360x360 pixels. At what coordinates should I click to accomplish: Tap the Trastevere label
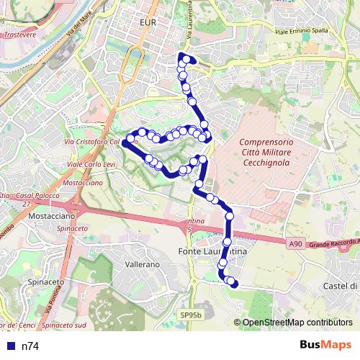(x=20, y=34)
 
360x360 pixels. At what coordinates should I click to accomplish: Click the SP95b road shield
(x=191, y=315)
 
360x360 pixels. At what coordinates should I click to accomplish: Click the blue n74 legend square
(x=10, y=346)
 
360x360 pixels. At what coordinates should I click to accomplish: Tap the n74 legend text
(x=30, y=346)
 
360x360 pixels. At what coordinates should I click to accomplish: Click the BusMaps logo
(x=325, y=345)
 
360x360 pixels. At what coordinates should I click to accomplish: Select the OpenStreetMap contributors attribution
(x=297, y=323)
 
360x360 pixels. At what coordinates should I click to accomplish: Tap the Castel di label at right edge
(x=341, y=286)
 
